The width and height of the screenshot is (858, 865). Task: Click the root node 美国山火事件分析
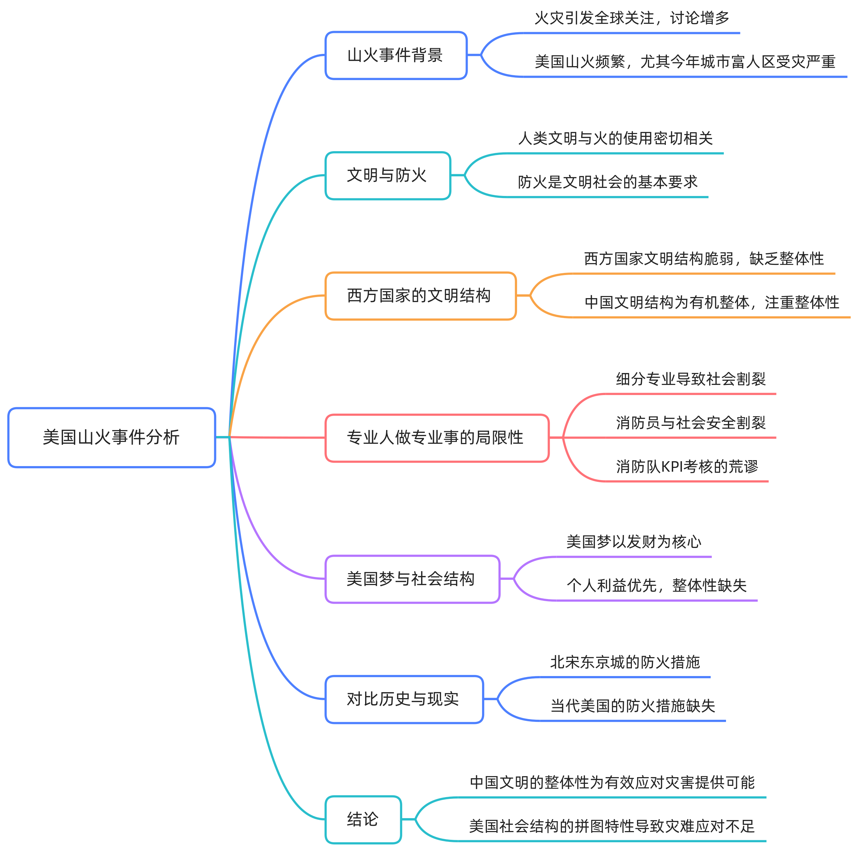tap(112, 437)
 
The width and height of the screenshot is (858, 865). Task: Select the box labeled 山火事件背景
tap(396, 56)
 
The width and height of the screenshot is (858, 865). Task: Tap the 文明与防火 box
tap(388, 176)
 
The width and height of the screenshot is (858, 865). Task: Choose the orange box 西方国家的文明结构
tap(420, 296)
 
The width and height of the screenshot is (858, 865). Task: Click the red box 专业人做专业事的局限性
tap(437, 438)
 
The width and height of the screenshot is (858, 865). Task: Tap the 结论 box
tap(363, 819)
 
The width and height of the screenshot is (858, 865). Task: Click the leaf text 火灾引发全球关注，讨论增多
tap(632, 18)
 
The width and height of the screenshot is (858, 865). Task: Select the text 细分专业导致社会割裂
tap(691, 379)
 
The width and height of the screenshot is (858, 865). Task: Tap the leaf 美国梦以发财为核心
tap(634, 542)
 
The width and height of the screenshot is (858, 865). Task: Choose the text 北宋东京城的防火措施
tap(625, 662)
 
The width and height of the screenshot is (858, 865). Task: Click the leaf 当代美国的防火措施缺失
tap(632, 706)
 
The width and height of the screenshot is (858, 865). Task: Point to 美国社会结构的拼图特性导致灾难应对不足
tap(612, 826)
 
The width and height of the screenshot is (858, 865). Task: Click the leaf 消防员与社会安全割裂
tap(691, 423)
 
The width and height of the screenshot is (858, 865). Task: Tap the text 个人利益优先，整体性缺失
tap(656, 586)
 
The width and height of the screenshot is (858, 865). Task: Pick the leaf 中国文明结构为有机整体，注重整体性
tap(712, 303)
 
